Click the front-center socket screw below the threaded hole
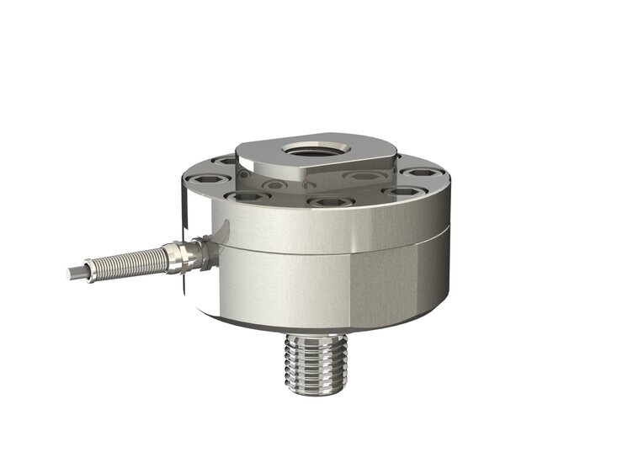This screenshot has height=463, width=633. pyautogui.click(x=329, y=203)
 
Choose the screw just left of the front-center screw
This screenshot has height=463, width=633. pyautogui.click(x=249, y=197)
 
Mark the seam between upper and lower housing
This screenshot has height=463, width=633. pyautogui.click(x=337, y=252)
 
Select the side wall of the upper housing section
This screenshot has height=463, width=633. pyautogui.click(x=337, y=227)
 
